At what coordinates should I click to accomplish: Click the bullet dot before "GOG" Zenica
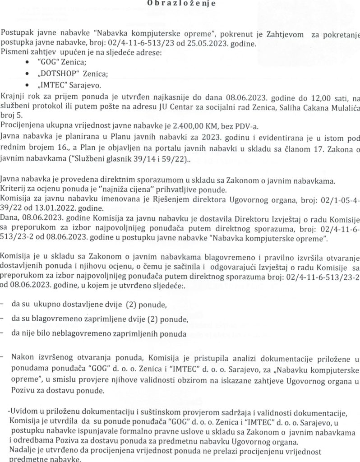(30, 63)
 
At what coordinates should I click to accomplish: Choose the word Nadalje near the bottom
(23, 451)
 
